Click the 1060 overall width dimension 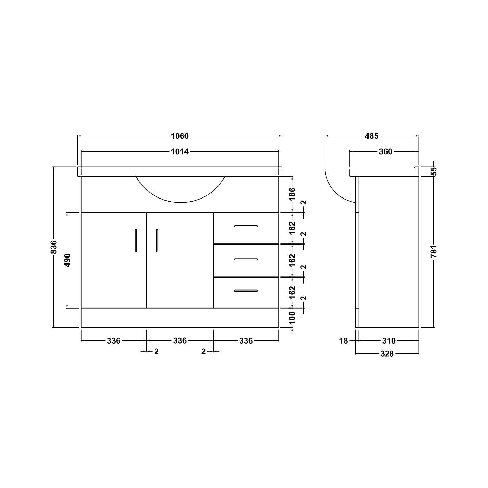tap(180, 136)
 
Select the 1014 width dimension tap(180, 151)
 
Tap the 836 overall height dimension tap(53, 247)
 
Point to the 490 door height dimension tap(67, 260)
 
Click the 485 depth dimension tap(372, 136)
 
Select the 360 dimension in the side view tap(385, 151)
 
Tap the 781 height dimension tap(434, 252)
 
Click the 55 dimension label tap(434, 171)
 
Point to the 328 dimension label tap(387, 354)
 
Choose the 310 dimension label tap(389, 340)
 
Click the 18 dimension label tap(344, 340)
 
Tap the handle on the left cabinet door tap(136, 241)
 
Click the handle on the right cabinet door tap(157, 241)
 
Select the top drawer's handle tap(246, 226)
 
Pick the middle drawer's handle tap(246, 259)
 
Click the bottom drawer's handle tap(246, 291)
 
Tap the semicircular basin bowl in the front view tap(180, 190)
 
